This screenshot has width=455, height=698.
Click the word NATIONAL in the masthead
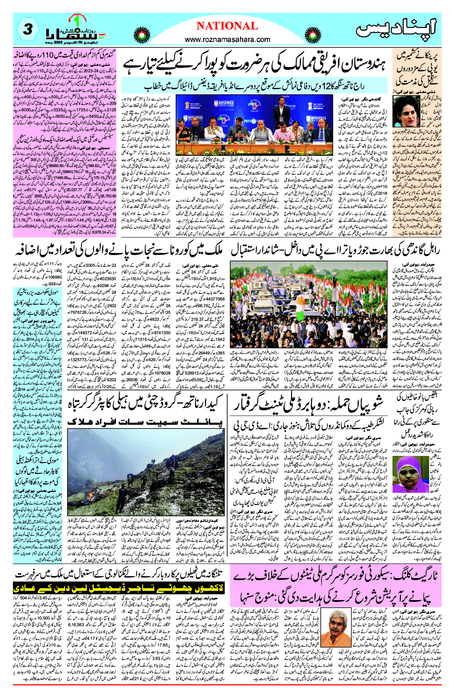[227, 26]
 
